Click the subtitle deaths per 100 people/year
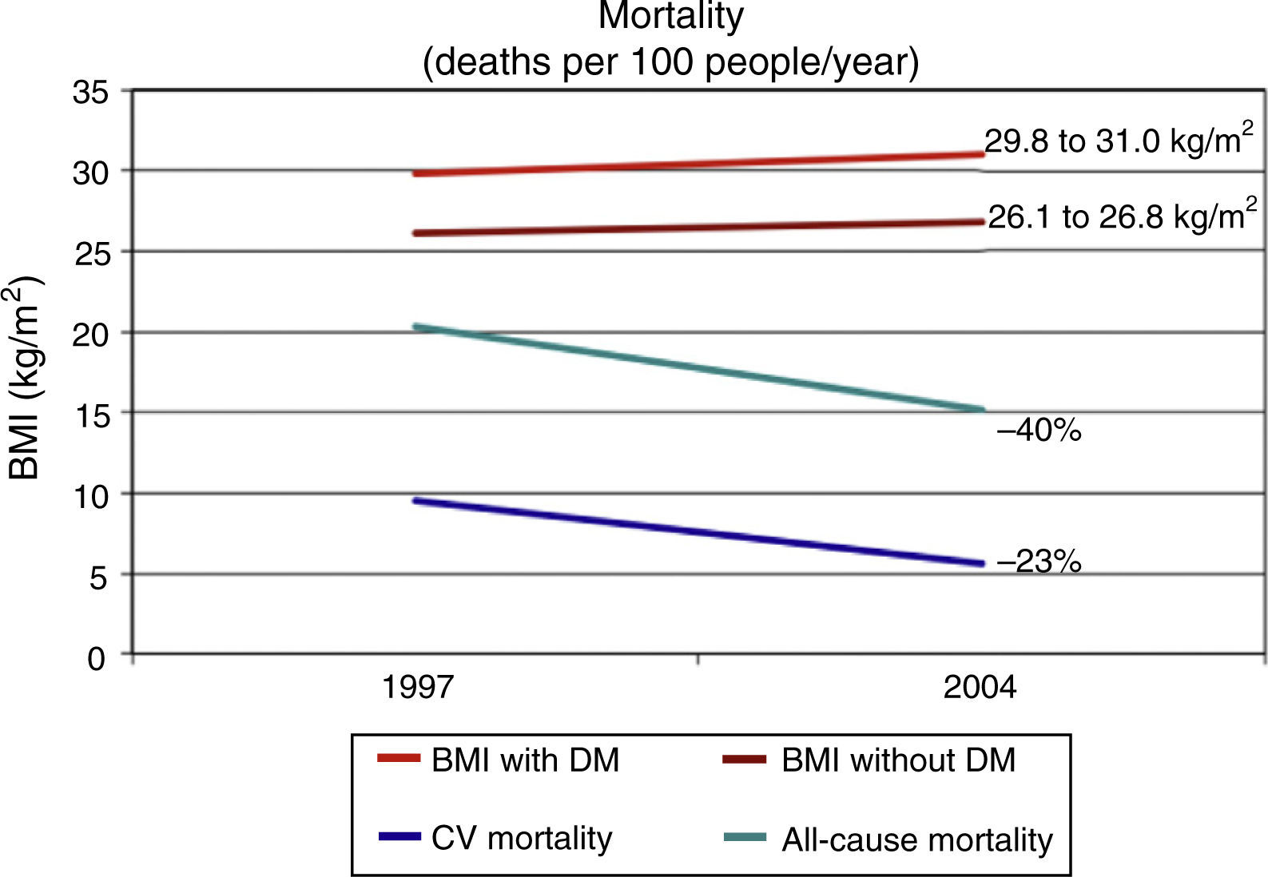[671, 62]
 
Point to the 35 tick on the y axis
[89, 92]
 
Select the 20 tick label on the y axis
[89, 334]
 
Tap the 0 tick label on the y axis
[97, 658]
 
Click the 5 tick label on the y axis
[97, 577]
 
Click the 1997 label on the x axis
[418, 687]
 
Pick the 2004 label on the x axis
[980, 687]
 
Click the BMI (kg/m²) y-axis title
[26, 377]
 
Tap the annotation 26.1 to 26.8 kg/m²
[1116, 216]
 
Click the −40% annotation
[1039, 431]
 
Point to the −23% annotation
[1039, 562]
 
